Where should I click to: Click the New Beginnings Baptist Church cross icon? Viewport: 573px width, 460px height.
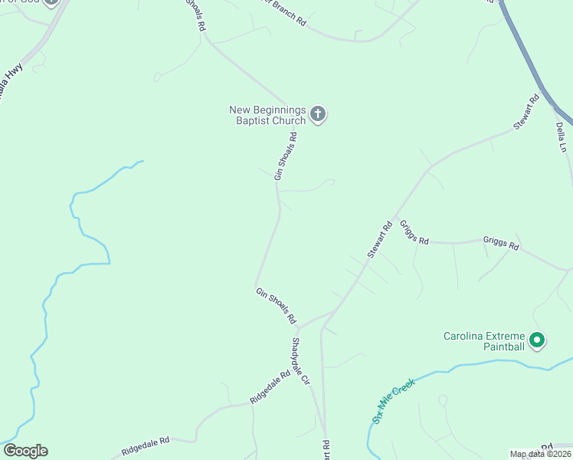pos(318,116)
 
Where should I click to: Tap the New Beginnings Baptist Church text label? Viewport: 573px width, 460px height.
pos(267,115)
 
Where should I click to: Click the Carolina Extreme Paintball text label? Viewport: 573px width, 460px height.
pos(484,341)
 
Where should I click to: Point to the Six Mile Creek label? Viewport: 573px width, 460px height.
pos(393,400)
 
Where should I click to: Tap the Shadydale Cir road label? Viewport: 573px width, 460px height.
pos(300,360)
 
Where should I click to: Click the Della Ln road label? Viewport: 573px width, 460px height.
pos(562,136)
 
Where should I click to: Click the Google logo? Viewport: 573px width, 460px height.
pos(25,451)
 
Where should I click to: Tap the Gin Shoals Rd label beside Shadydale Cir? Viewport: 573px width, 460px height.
pos(276,304)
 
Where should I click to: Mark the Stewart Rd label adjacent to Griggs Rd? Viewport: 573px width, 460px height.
pos(380,239)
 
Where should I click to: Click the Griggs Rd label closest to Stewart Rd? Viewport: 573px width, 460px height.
pos(414,238)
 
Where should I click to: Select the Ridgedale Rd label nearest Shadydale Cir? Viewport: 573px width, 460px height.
pos(270,388)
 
